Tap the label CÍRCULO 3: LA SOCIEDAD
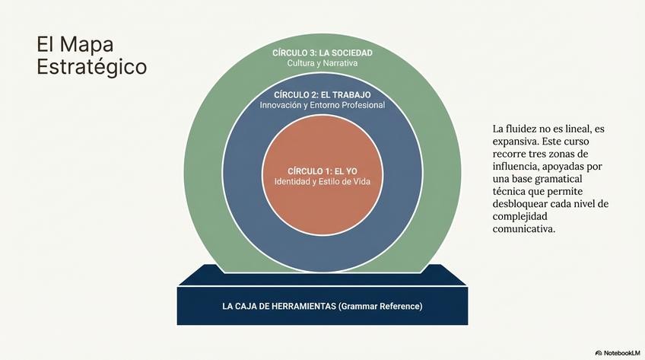pos(322,53)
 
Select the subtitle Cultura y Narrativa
pos(322,62)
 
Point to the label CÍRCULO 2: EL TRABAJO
pos(322,94)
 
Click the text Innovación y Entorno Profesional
pos(322,105)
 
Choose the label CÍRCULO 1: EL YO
pos(322,170)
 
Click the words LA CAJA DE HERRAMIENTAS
pos(279,306)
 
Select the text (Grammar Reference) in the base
pos(380,306)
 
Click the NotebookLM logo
pos(617,352)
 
